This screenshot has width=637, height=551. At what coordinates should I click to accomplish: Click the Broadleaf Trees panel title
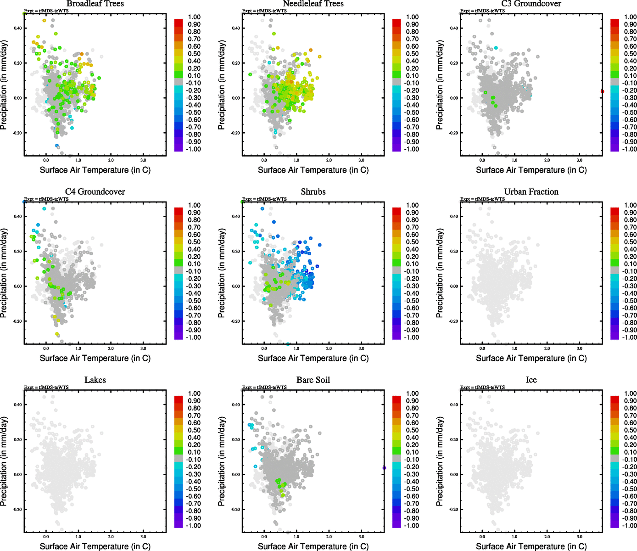[x=95, y=4]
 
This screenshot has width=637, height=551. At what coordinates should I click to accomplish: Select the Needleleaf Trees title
[x=313, y=4]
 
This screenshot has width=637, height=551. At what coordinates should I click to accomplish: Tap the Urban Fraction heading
[x=531, y=192]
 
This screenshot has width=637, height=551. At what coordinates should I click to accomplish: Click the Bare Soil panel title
[x=313, y=380]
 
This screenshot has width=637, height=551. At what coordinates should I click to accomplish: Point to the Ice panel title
[x=531, y=380]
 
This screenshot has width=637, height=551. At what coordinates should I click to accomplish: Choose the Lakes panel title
[x=95, y=380]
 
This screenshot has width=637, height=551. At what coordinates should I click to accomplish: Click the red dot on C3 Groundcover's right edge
[x=602, y=91]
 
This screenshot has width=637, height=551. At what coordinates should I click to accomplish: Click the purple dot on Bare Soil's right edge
[x=384, y=468]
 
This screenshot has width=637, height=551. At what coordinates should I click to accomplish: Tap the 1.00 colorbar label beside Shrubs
[x=412, y=205]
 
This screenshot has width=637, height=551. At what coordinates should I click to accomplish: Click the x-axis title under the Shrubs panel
[x=313, y=358]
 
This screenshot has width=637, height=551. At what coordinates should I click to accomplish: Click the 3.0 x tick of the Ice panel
[x=580, y=536]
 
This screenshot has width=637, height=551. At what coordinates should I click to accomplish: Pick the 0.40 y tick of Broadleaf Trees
[x=17, y=28]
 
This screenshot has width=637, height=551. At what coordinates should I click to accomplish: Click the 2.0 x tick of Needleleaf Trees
[x=329, y=160]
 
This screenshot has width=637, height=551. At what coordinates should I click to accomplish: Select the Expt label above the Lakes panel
[x=46, y=387]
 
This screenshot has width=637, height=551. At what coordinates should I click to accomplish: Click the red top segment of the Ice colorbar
[x=615, y=398]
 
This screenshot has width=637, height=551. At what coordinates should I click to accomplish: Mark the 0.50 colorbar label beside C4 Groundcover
[x=194, y=242]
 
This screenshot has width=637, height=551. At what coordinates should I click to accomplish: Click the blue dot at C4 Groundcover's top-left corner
[x=24, y=202]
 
